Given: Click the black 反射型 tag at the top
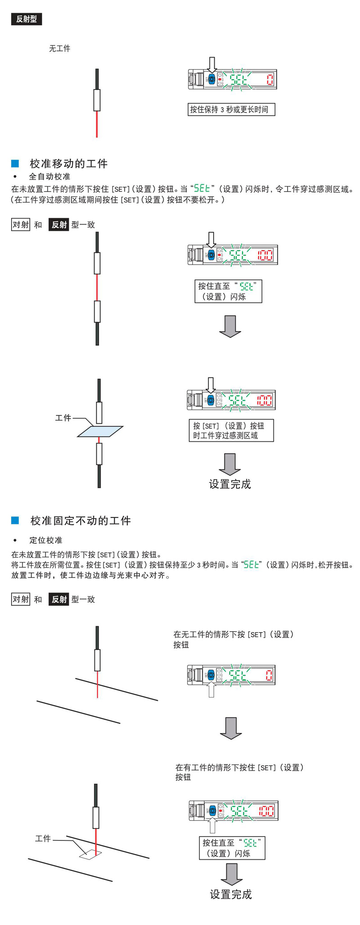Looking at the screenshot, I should point(27,19).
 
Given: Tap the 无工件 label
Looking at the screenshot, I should point(59,49).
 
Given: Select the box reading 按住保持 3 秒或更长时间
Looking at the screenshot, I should point(231,109).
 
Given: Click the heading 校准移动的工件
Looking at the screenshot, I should point(68,163).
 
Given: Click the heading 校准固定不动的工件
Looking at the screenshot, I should point(81,521).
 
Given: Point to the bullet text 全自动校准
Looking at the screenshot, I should point(49,176).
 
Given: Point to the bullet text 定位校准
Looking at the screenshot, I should point(45,540).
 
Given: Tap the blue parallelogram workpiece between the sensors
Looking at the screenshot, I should point(100,431).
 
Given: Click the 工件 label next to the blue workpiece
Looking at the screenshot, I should point(63,418).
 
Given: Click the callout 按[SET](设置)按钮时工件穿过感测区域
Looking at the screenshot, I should point(231,431).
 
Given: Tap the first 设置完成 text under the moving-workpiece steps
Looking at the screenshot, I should point(230,484).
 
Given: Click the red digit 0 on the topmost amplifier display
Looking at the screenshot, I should point(269,80).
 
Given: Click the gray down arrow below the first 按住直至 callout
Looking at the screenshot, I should point(230,326).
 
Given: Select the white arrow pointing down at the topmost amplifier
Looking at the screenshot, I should point(212,64).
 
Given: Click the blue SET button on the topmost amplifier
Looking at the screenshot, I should point(211,80).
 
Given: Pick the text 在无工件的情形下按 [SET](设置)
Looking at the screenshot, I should point(234,634).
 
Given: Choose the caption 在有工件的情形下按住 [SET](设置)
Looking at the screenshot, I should point(239,767).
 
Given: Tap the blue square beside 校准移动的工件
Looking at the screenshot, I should point(15,163).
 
